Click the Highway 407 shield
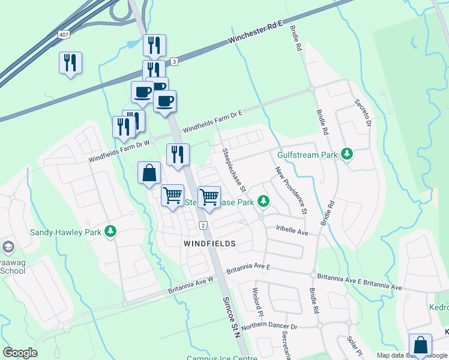64,35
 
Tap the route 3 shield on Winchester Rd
173,61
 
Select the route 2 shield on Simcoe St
203,225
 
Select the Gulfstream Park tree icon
347,154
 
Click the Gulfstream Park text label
308,155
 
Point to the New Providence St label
292,191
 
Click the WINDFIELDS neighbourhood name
209,244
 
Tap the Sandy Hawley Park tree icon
110,231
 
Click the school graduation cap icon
8,247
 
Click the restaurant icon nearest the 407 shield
70,62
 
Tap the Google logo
20,353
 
